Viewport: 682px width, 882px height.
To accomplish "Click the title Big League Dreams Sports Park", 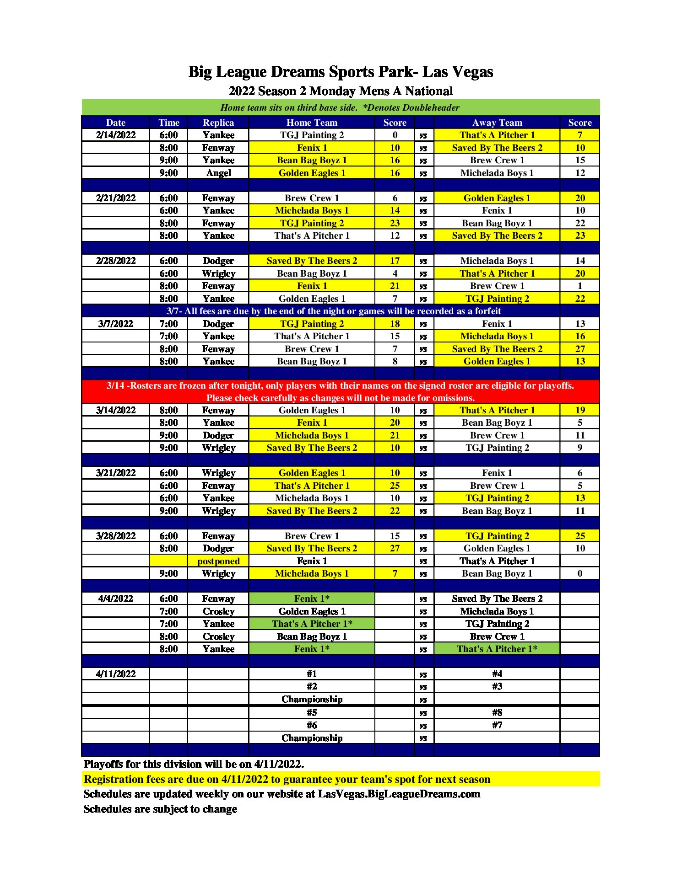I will (341, 72).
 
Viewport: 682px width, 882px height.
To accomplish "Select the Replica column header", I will (218, 123).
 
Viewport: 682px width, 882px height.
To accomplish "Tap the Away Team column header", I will (497, 123).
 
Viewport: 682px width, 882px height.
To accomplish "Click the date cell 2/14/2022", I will (116, 135).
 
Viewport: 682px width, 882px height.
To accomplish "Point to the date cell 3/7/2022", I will (116, 324).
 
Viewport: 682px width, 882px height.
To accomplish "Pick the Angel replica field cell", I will (218, 173).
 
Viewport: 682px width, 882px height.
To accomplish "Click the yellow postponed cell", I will (218, 561).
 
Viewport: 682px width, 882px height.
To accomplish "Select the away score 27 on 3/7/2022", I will (579, 349).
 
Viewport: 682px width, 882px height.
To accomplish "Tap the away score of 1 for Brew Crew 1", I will (579, 286).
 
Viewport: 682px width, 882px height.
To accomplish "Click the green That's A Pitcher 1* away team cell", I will (497, 649).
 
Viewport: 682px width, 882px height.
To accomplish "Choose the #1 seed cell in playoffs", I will (312, 674).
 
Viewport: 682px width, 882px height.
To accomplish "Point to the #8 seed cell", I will (497, 712).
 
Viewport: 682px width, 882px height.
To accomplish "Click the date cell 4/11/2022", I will (116, 674).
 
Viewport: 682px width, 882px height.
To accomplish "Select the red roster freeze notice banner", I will (341, 391).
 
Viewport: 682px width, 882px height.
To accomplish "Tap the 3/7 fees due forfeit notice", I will (334, 311).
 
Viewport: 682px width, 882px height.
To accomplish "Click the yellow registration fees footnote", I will (287, 779).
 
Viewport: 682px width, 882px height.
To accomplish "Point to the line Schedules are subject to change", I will (160, 809).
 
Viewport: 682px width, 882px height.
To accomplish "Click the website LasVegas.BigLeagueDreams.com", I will (399, 794).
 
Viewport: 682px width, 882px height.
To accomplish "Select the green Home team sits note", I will (341, 107).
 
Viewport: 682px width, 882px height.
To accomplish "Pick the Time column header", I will (168, 123).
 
